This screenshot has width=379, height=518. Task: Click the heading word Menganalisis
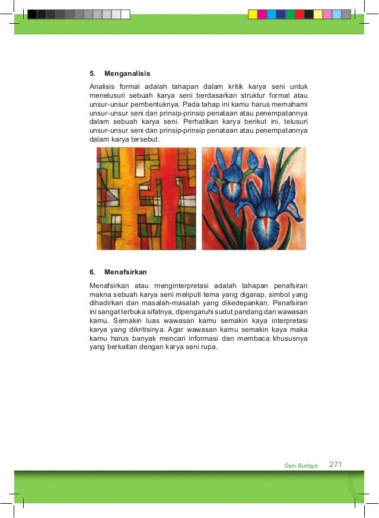click(x=127, y=74)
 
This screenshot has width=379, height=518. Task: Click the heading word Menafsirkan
click(x=125, y=272)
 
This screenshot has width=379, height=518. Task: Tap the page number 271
click(x=336, y=465)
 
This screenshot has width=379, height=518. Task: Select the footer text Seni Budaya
click(x=301, y=466)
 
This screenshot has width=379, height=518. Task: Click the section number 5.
click(x=92, y=74)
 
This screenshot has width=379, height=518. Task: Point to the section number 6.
click(x=92, y=272)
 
